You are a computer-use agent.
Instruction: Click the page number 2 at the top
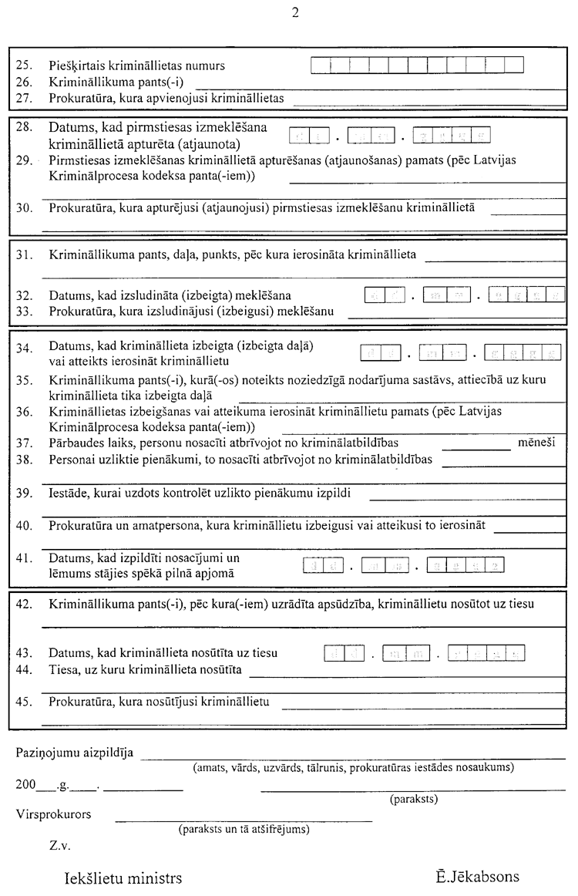(x=295, y=12)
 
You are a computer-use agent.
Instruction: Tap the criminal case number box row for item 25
(x=418, y=66)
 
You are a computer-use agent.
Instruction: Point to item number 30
(x=23, y=207)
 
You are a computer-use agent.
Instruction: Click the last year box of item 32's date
(x=554, y=294)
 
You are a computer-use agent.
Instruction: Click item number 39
(x=23, y=493)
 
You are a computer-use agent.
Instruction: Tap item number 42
(x=23, y=603)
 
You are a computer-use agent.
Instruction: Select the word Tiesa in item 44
(x=62, y=669)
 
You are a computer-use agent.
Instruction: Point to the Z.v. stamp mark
(x=59, y=845)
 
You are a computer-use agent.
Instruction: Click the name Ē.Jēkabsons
(x=477, y=877)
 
